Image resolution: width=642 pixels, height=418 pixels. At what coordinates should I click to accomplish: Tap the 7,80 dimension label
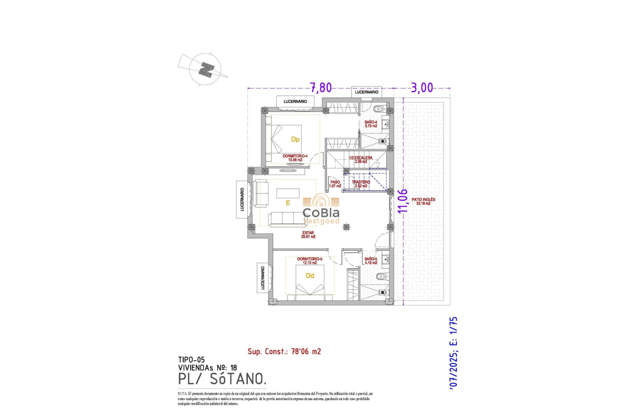(x=321, y=88)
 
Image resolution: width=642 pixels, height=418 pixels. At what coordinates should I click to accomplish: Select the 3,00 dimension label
(x=423, y=88)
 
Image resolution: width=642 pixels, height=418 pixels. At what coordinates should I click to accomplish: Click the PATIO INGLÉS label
(x=424, y=201)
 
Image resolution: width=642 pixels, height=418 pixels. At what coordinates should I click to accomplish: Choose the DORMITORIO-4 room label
(x=295, y=158)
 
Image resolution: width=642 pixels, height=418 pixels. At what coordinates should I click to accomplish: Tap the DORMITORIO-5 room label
(x=310, y=261)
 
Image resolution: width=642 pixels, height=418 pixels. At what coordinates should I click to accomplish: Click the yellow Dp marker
(x=295, y=140)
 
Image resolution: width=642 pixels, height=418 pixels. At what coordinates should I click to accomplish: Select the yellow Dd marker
(x=310, y=276)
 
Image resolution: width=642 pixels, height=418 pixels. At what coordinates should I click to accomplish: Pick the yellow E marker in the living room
(x=288, y=203)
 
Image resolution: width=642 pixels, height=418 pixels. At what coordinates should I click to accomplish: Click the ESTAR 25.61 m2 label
(x=308, y=234)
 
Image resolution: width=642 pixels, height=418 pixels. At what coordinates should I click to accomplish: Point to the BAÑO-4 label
(x=371, y=124)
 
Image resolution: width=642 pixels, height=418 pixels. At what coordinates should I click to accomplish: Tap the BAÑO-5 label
(x=371, y=261)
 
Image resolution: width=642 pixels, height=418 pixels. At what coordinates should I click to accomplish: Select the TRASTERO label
(x=361, y=184)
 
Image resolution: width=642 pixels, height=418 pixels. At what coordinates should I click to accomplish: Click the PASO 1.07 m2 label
(x=335, y=184)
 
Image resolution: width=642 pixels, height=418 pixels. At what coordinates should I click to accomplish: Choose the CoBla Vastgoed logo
(x=321, y=210)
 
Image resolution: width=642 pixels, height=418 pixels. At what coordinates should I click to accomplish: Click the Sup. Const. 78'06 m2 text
(x=284, y=351)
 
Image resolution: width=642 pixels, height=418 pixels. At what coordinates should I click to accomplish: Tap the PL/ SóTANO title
(x=222, y=379)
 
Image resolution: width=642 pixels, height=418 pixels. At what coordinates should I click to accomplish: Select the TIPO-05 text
(x=191, y=359)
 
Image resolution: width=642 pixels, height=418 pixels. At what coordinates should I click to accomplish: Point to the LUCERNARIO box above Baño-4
(x=367, y=92)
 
